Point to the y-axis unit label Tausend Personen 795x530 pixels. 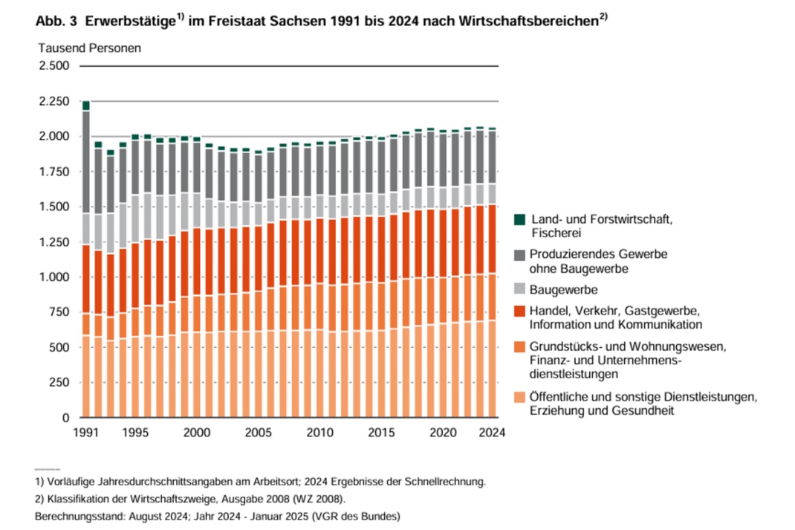(x=89, y=48)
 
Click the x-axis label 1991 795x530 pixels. (x=86, y=433)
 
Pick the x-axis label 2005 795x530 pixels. (x=258, y=433)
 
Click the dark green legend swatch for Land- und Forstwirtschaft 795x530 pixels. (x=519, y=219)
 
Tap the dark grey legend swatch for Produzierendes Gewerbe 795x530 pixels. (x=519, y=254)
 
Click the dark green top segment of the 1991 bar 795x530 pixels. (x=86, y=106)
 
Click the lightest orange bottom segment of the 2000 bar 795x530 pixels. (x=197, y=375)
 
